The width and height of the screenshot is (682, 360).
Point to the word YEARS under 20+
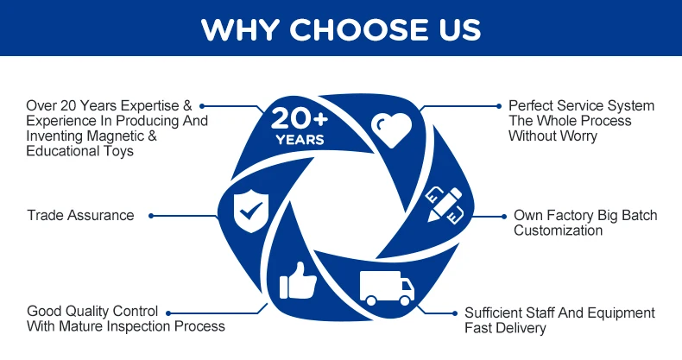(300, 139)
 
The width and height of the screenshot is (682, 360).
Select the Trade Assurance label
(80, 215)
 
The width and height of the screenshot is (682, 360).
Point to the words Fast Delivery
(505, 328)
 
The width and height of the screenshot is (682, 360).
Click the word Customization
(558, 231)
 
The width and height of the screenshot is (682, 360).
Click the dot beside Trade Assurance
(151, 215)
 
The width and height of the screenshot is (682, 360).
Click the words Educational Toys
(80, 152)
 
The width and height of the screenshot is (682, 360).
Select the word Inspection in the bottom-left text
(144, 326)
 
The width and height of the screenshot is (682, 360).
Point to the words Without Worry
(553, 136)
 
